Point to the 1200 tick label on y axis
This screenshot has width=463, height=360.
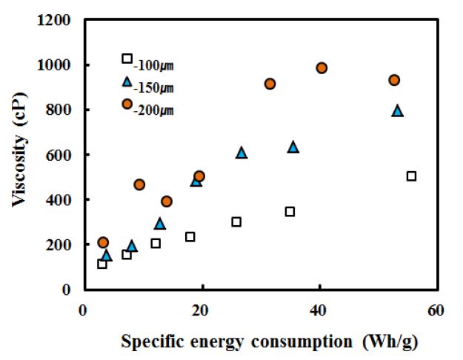point(56,21)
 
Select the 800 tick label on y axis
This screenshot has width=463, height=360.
point(59,110)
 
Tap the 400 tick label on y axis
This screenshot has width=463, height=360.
point(59,200)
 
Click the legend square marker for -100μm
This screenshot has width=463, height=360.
point(127,59)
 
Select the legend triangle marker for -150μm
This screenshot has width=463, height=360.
point(127,81)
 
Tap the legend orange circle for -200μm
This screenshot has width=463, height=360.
point(127,104)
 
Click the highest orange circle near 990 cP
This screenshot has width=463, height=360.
point(322,68)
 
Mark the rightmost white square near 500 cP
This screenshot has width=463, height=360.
point(411,176)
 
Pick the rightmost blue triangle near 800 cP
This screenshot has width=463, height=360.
point(397,110)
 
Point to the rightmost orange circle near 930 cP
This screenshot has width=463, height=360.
point(394,80)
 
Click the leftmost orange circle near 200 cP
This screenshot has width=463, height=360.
point(103,242)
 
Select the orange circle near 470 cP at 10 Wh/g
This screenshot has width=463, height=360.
point(139,184)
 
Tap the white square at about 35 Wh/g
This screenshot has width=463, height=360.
point(290,212)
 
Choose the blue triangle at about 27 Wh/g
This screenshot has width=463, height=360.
point(242,153)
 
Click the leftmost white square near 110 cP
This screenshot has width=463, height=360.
point(102,264)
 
